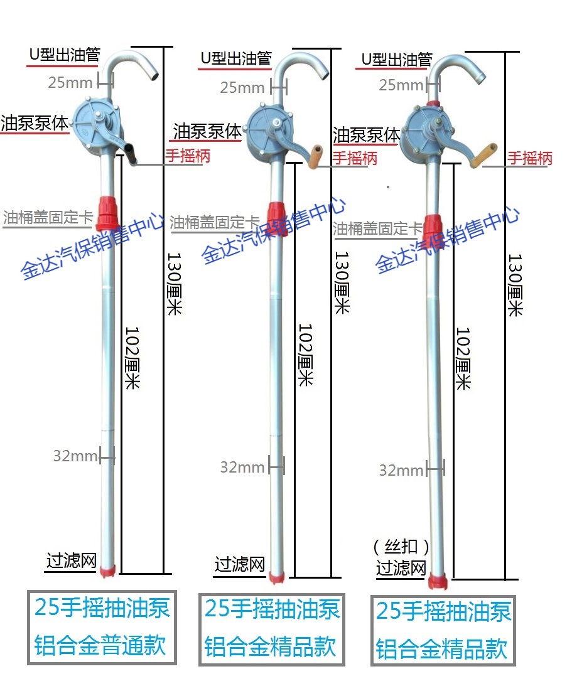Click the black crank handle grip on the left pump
132,154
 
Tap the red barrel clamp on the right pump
433,223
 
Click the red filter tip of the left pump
107,570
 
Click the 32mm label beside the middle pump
242,467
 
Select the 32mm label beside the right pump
401,470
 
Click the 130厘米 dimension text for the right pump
515,284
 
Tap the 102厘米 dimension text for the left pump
131,358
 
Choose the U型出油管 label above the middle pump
235,58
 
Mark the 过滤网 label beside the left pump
72,560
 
